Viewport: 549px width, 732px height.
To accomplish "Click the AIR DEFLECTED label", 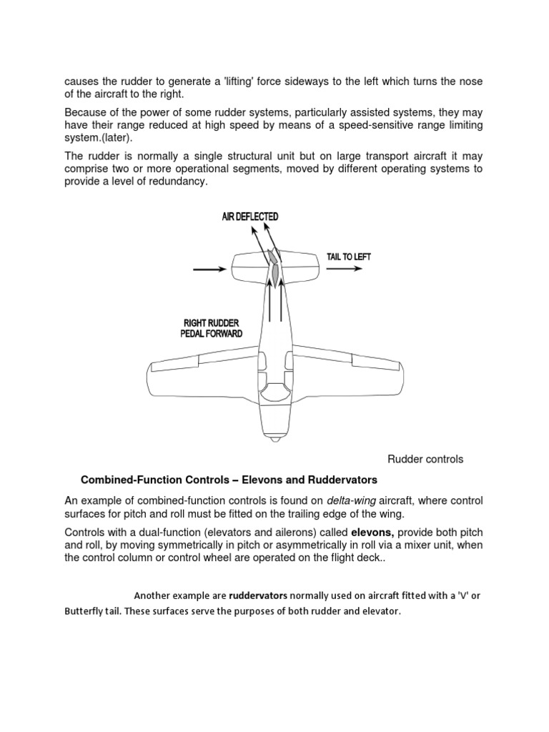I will point(249,217).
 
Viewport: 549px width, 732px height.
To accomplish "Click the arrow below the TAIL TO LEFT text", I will point(345,270).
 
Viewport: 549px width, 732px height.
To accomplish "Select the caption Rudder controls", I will point(425,459).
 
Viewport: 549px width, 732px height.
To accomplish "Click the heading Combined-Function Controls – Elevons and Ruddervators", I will point(229,479).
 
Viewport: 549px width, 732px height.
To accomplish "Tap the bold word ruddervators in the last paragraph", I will point(258,595).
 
